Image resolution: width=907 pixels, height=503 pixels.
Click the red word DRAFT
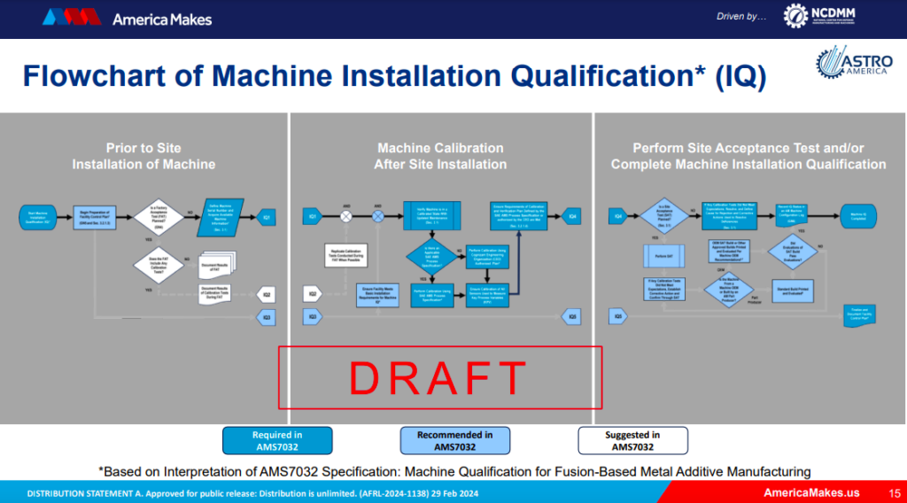pos(440,378)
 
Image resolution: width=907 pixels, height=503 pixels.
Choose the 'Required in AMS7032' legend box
pos(277,440)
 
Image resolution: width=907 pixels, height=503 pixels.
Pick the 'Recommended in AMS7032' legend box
pos(455,440)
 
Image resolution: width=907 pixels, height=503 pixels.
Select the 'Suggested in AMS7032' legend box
pos(632,440)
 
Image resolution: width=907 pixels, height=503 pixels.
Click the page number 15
pos(893,491)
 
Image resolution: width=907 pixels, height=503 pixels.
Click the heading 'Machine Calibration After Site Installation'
pos(440,156)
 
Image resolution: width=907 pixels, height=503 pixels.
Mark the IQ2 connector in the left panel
pos(265,294)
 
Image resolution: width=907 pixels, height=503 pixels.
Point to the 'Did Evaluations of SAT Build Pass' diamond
pos(793,251)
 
